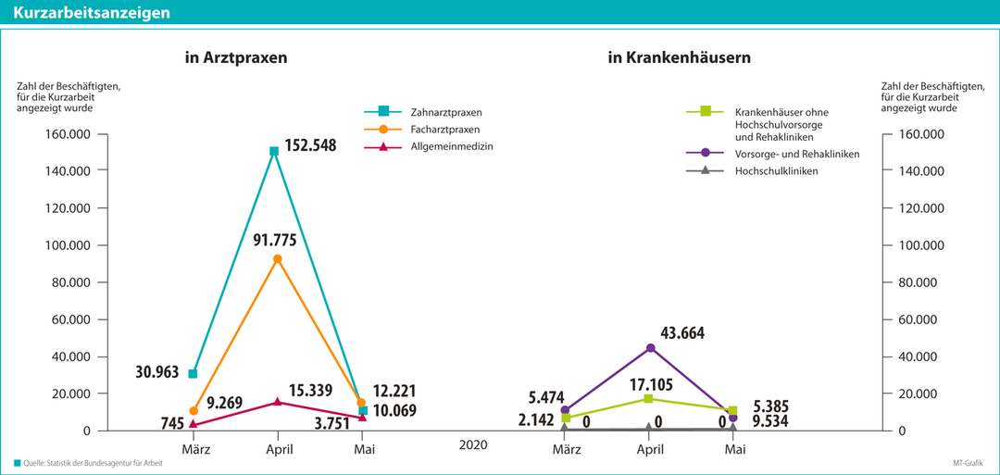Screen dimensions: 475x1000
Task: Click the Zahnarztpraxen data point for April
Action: click(x=274, y=151)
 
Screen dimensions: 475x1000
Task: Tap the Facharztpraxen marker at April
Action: click(x=278, y=259)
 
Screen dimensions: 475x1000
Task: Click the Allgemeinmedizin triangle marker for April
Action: click(x=277, y=401)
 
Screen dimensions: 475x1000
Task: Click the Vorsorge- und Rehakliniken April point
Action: click(x=650, y=347)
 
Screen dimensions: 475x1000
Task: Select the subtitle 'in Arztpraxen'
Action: click(x=235, y=57)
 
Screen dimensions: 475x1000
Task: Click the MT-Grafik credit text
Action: click(x=973, y=462)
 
